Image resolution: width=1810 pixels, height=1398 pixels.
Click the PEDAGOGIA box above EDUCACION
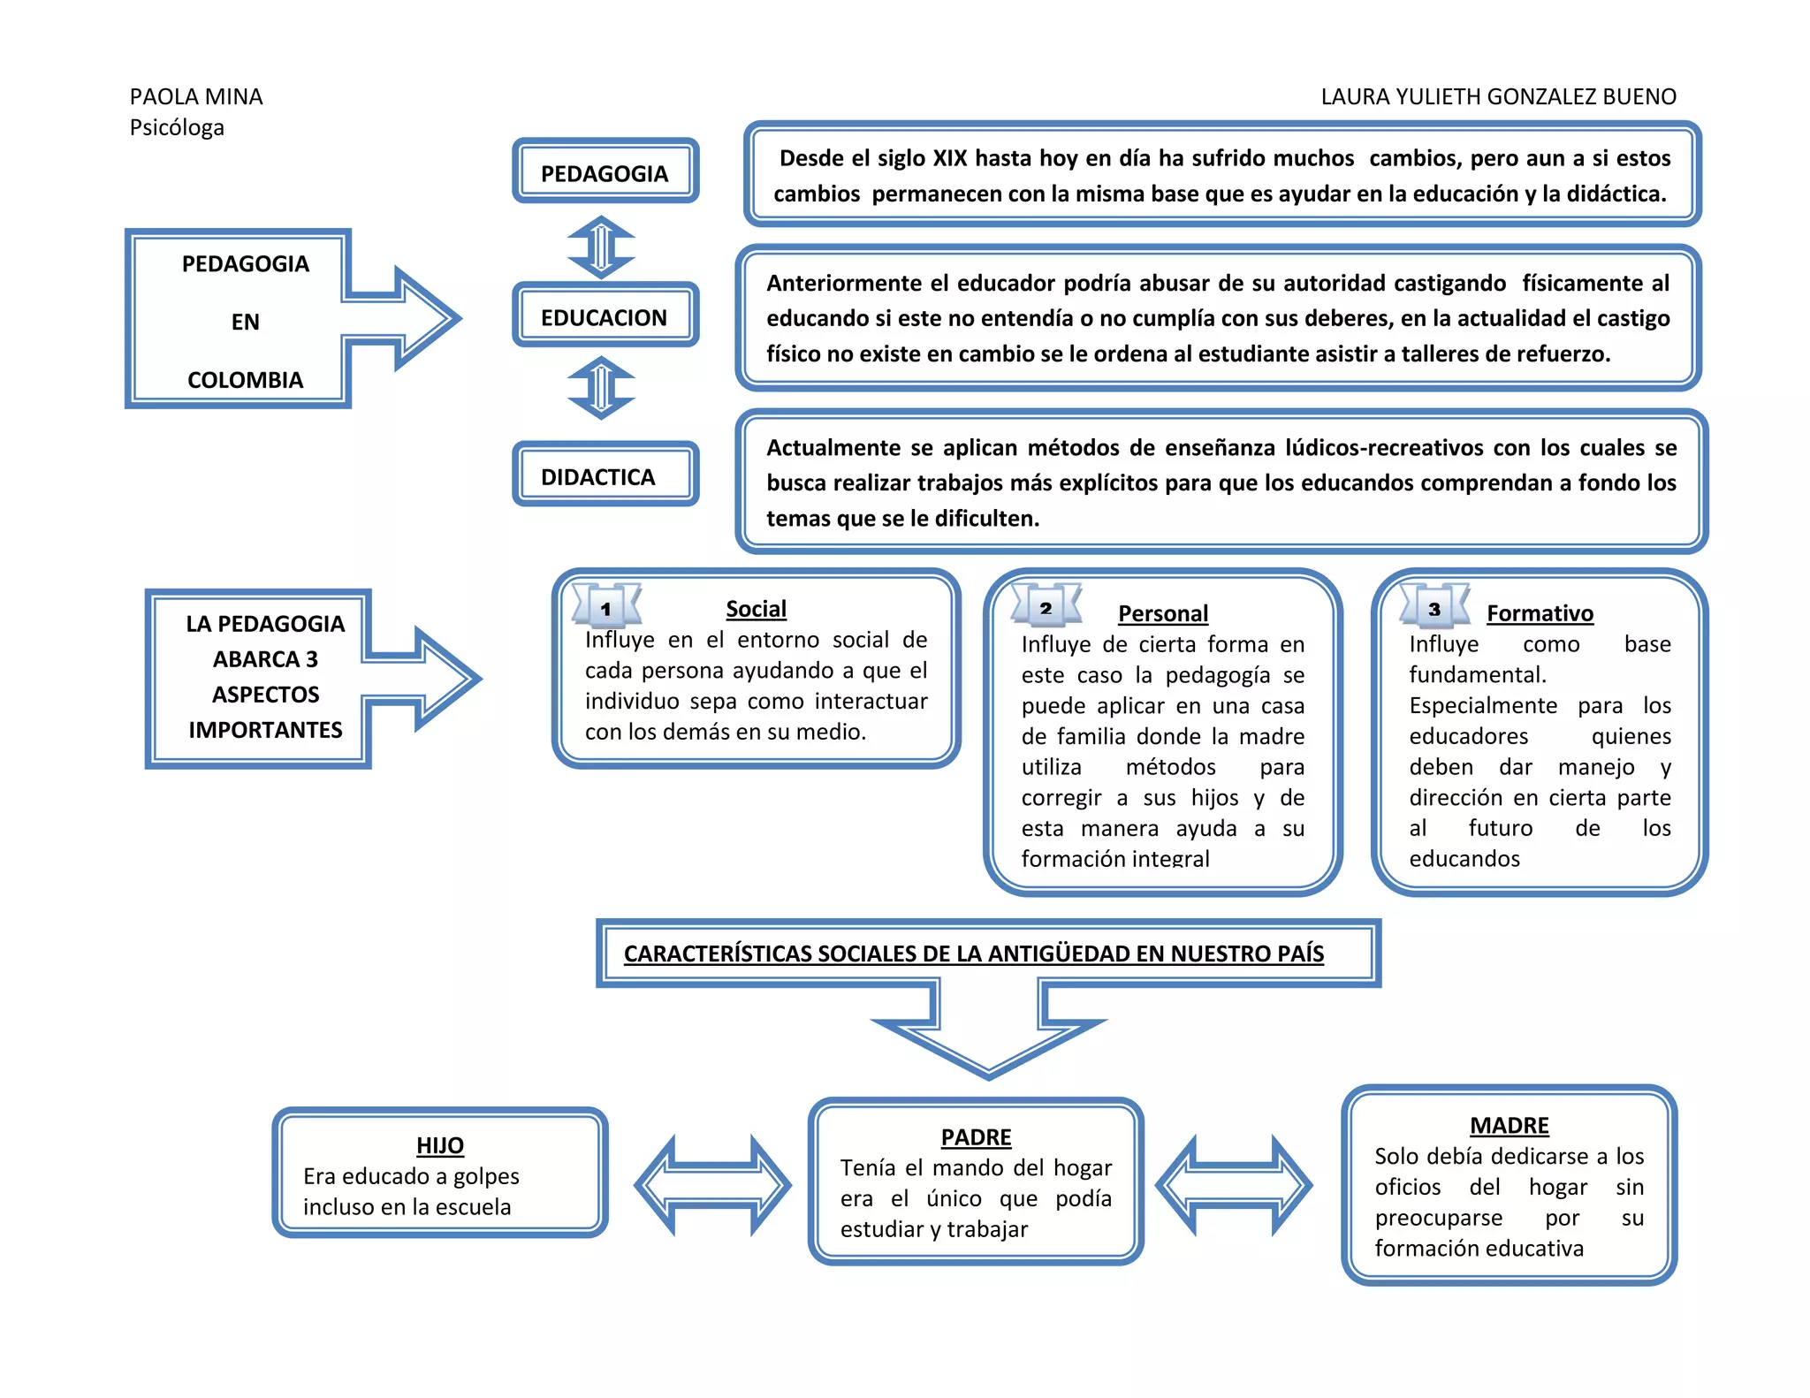605,171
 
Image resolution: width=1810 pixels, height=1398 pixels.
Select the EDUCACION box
605,316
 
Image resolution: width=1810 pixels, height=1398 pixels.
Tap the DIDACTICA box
605,475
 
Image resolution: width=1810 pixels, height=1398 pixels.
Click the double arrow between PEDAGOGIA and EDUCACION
601,247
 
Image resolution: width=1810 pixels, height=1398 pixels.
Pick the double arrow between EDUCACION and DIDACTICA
601,387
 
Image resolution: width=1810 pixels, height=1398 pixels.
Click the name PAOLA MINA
196,96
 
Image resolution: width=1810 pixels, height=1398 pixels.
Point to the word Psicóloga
177,127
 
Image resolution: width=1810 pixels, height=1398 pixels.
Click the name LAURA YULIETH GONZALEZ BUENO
1498,96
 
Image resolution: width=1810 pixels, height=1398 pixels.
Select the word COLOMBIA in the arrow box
245,380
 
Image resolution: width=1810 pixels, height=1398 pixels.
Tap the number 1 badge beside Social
606,608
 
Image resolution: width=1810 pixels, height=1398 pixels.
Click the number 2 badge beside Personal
1046,607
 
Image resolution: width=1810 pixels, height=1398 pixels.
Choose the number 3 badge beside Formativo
1434,608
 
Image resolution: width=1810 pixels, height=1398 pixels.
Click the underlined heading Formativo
1540,612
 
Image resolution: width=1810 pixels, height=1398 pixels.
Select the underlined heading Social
756,608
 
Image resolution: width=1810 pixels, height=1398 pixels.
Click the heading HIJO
440,1144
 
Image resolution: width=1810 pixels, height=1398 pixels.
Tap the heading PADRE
976,1136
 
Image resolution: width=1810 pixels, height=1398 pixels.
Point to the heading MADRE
1509,1125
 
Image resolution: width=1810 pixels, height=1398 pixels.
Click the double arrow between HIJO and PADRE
712,1185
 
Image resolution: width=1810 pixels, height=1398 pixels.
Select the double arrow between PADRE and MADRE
1234,1185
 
